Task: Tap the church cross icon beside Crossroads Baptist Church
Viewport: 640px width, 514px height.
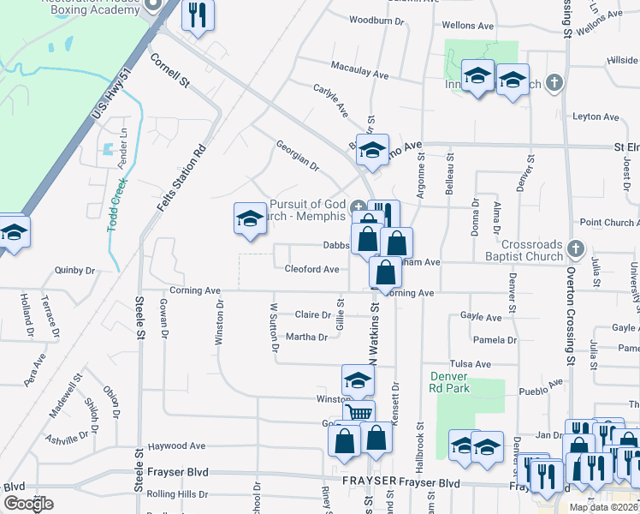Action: [576, 249]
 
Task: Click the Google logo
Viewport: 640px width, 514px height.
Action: [28, 504]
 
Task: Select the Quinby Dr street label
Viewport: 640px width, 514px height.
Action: [73, 268]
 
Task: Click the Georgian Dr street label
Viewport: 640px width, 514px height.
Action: [297, 155]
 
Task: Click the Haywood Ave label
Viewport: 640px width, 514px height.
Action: [176, 446]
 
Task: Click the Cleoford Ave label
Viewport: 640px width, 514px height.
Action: [311, 269]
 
